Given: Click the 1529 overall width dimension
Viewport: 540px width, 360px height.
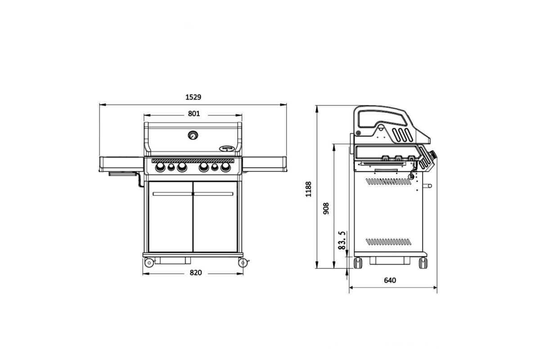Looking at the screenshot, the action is pos(193,97).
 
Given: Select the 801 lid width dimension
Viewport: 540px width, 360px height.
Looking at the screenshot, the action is pos(194,113).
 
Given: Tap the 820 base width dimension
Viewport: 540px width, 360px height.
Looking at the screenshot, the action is pos(195,273).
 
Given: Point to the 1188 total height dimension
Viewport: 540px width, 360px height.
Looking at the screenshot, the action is pos(308,189).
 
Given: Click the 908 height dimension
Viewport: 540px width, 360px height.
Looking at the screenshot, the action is pos(326,208).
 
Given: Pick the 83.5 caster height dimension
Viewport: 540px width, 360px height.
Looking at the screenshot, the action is pos(342,240).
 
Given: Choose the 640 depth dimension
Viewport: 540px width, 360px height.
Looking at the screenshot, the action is pos(390,280).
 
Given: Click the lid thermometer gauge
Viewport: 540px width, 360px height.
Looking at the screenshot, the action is pos(193,135).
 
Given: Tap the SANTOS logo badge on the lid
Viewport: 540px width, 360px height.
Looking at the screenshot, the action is pos(227,148).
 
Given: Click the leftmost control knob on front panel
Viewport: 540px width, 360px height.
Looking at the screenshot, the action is pos(160,167).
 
